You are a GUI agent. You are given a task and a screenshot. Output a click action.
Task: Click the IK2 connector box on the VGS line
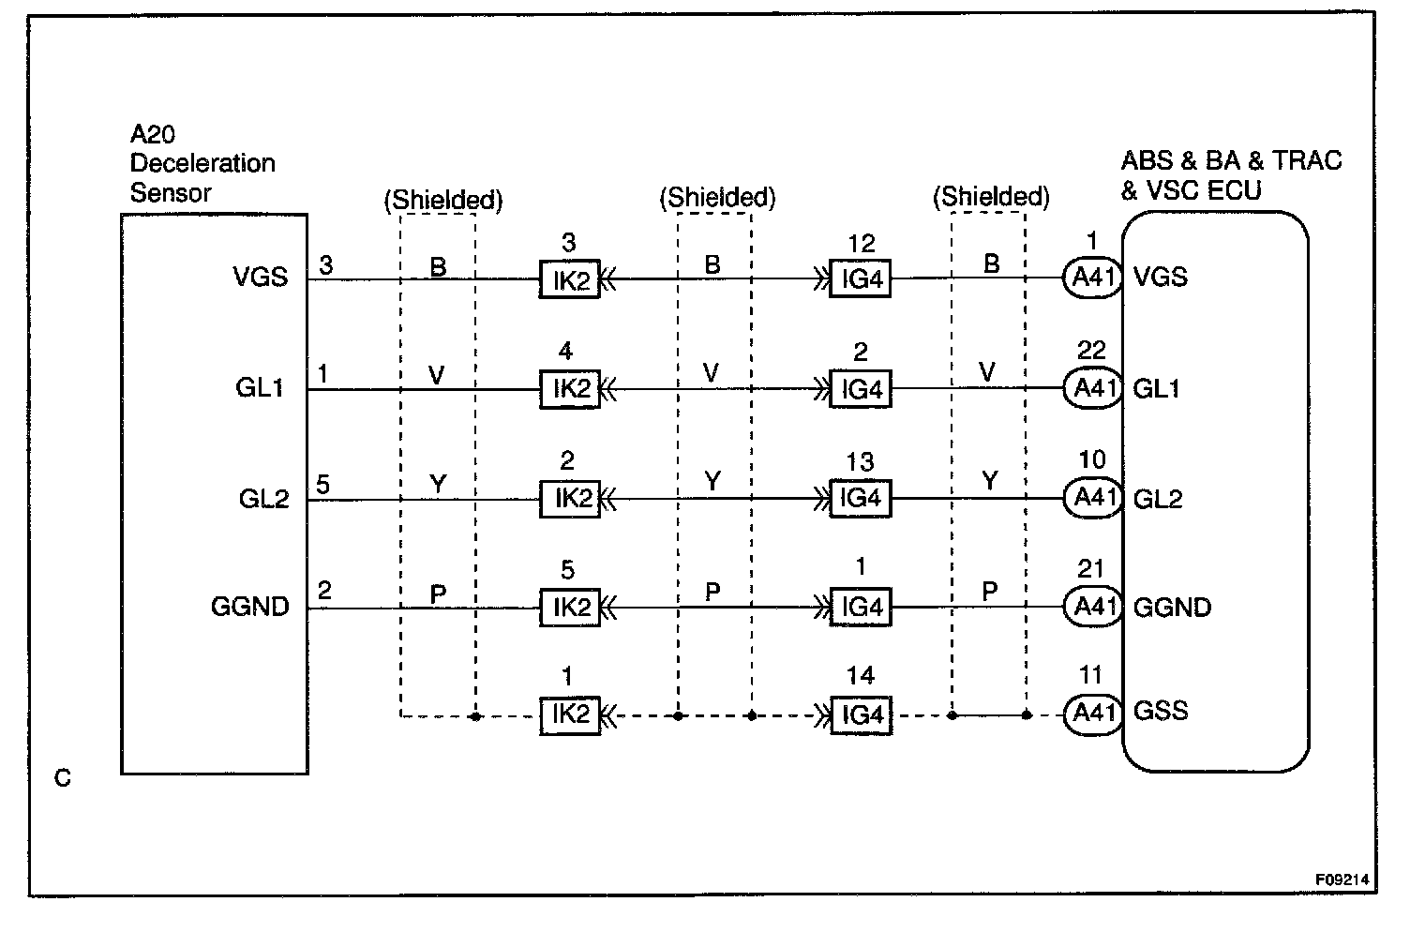point(569,279)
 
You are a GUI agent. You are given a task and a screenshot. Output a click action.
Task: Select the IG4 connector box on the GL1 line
point(860,389)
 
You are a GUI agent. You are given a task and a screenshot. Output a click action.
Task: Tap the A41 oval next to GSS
point(1092,714)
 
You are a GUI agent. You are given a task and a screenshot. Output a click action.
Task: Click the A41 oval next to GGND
point(1092,607)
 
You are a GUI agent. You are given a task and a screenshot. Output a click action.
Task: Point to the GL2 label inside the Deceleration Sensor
point(263,499)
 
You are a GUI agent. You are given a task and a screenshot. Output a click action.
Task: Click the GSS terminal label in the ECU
point(1161,711)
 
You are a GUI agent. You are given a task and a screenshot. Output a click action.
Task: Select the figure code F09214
point(1342,880)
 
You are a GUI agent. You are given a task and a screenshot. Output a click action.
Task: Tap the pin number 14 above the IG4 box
point(860,676)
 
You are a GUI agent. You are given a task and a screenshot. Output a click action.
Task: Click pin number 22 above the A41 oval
point(1092,351)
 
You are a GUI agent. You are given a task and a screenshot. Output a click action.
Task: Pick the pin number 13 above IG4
point(860,461)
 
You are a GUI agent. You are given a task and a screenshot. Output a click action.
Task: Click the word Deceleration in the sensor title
point(202,163)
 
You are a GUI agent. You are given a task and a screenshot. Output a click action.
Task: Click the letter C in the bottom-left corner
point(63,778)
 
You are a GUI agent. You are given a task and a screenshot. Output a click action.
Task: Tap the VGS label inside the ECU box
point(1161,277)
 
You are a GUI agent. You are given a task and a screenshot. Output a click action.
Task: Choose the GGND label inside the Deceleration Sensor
point(250,607)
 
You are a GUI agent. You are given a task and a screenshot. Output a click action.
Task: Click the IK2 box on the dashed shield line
point(569,715)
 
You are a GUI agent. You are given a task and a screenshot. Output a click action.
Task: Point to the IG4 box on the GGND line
point(860,608)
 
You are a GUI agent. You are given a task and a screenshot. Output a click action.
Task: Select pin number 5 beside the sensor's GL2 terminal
point(323,485)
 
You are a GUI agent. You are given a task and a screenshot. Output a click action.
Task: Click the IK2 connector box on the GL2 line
point(569,499)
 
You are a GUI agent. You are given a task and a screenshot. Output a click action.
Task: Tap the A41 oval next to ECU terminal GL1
point(1092,388)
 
